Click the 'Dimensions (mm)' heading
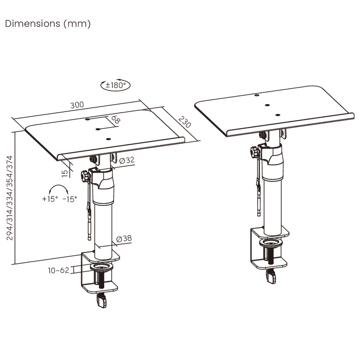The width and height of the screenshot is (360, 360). point(48,24)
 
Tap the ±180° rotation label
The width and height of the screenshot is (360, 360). point(116,85)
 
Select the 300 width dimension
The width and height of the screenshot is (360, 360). point(77,105)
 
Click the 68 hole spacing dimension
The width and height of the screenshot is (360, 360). point(116,119)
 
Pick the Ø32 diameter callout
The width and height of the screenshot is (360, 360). point(127,160)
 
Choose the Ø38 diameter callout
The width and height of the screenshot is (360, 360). point(124,239)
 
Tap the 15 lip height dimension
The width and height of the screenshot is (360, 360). point(65,173)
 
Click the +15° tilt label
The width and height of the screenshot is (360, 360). point(50,199)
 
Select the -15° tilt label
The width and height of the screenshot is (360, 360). point(70,199)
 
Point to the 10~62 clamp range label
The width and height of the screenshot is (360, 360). point(59,270)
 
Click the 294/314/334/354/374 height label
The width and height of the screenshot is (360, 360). point(9,198)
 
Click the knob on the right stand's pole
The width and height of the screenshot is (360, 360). point(254,152)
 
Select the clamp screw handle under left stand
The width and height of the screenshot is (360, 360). point(102,301)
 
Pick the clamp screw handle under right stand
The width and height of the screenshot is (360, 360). point(271,277)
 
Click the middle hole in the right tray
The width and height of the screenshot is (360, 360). point(267,105)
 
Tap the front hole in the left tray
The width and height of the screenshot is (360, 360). point(108,139)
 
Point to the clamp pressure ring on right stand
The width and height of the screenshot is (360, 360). point(271,243)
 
